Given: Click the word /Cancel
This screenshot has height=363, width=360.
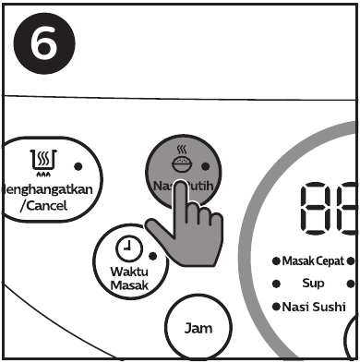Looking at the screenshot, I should pyautogui.click(x=44, y=204).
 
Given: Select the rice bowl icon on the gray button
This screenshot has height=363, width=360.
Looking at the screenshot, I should pyautogui.click(x=183, y=163).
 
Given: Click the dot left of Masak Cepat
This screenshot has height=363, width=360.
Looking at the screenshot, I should pyautogui.click(x=276, y=261).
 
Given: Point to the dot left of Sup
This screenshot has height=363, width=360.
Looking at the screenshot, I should pyautogui.click(x=276, y=284).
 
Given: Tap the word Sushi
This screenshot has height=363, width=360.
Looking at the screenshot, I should pyautogui.click(x=329, y=306).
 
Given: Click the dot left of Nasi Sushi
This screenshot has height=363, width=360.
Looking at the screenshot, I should pyautogui.click(x=276, y=306).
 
